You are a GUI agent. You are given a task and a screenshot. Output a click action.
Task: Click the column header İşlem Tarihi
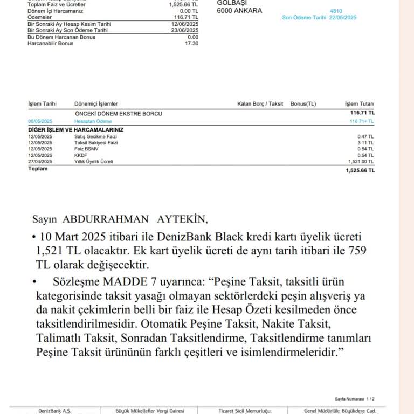42,103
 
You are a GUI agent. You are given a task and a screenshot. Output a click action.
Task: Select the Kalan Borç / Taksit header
260,103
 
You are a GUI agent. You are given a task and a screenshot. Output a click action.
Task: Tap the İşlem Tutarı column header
359,103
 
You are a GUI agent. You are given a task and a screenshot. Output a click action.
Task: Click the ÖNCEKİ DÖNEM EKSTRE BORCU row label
119,114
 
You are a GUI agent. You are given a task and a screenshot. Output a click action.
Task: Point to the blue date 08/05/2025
40,122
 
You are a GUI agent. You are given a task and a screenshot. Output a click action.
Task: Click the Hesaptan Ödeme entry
90,122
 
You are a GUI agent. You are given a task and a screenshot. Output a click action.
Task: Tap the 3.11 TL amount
365,143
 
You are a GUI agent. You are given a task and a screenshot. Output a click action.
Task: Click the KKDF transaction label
80,155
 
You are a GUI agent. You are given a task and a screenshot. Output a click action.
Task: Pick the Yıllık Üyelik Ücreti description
94,161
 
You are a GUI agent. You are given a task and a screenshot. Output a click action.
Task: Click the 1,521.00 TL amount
361,161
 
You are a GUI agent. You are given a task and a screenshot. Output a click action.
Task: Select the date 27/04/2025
40,161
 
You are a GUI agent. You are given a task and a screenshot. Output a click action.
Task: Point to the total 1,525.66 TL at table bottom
360,170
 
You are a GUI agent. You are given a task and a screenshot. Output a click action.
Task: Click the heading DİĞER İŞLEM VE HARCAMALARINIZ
75,130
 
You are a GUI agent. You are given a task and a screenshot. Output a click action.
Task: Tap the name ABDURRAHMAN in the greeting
106,219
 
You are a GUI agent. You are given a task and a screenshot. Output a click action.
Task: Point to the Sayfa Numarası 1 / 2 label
354,399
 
